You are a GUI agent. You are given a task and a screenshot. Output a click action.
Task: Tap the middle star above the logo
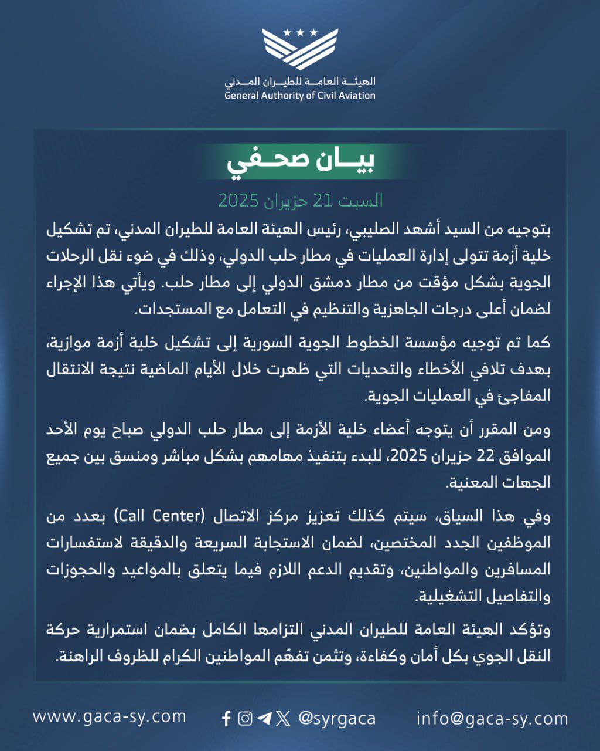click(x=300, y=33)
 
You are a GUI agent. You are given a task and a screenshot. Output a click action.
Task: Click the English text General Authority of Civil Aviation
click(x=300, y=96)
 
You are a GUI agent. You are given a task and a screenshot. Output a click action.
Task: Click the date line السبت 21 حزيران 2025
click(x=300, y=201)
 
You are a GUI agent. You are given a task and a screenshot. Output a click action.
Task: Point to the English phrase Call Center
click(x=159, y=516)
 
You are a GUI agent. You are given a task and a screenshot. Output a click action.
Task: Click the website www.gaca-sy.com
click(x=110, y=716)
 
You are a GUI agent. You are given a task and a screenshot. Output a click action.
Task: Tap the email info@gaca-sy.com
click(x=492, y=718)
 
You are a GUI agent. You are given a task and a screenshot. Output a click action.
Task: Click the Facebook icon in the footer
click(x=227, y=719)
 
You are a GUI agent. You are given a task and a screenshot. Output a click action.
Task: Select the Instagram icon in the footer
click(x=246, y=719)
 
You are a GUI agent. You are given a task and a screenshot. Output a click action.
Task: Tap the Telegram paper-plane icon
click(x=264, y=719)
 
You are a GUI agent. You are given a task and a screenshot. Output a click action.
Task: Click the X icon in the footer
click(x=283, y=719)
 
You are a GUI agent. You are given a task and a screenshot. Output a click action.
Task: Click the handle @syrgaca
click(x=337, y=719)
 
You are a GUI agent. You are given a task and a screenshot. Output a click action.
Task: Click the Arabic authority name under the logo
click(x=300, y=82)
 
